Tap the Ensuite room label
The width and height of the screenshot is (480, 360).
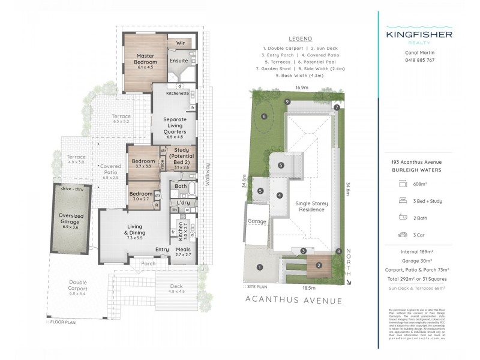[x=179, y=61]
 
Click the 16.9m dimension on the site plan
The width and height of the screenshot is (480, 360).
[x=302, y=88]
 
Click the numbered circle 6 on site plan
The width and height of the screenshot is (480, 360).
[x=263, y=116]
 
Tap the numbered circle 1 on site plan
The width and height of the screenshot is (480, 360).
[x=259, y=267]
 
